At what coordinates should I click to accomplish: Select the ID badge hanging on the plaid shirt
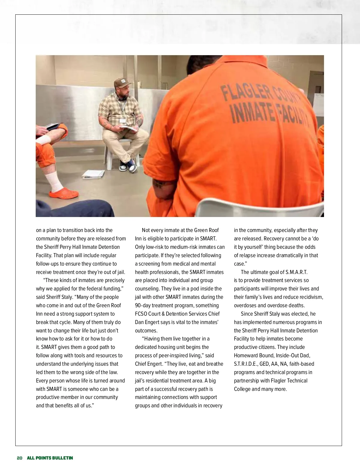tap(122, 120)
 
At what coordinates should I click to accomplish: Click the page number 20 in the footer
tap(20, 458)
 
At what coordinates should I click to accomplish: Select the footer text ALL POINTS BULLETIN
tap(50, 458)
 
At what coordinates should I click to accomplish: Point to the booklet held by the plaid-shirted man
tap(129, 128)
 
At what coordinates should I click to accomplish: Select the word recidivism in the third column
tap(311, 297)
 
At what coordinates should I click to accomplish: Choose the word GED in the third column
tap(265, 364)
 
